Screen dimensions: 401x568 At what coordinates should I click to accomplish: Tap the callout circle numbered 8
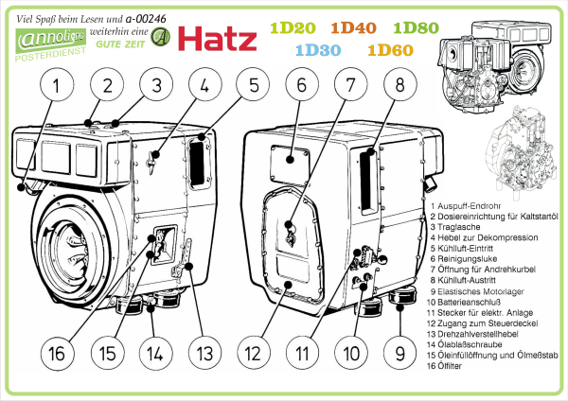(x=399, y=86)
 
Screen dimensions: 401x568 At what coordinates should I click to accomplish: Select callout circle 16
(x=57, y=354)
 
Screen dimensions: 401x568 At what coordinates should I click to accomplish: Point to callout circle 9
(x=399, y=354)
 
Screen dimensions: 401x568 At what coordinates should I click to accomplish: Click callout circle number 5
(x=253, y=86)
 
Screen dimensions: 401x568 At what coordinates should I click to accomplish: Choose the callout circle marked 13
(x=204, y=354)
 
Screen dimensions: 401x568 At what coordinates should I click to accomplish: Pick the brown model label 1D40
(x=357, y=28)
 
